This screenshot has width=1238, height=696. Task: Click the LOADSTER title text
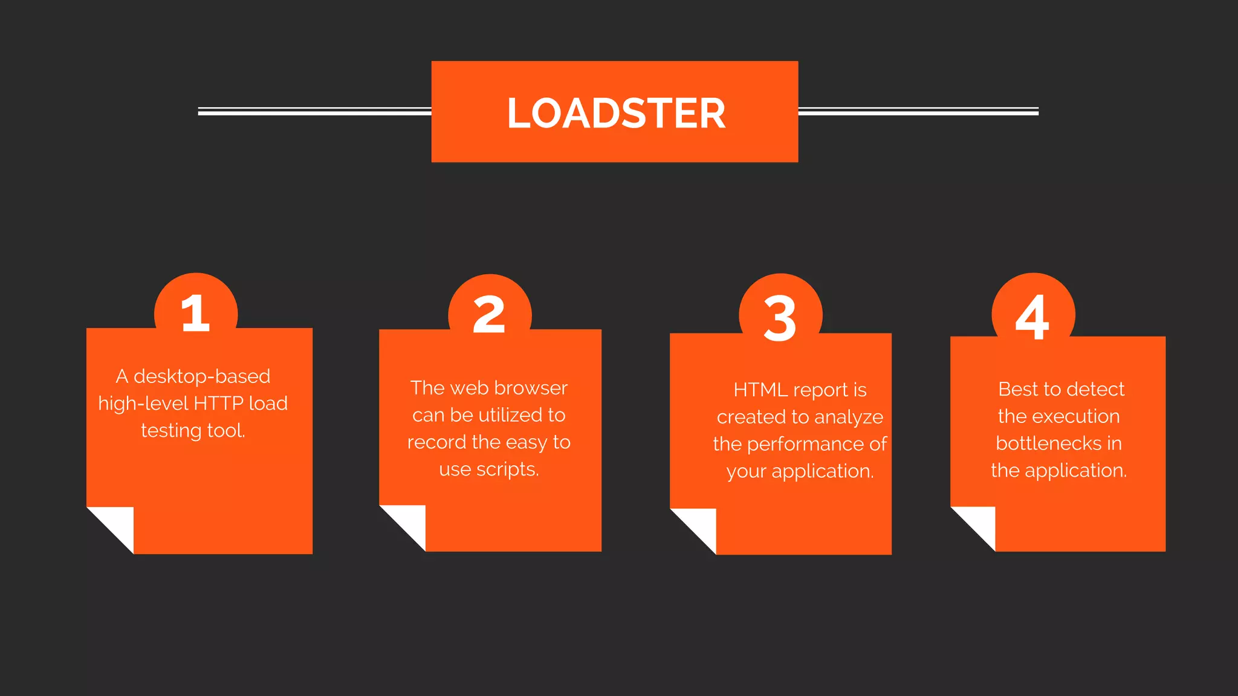tap(616, 114)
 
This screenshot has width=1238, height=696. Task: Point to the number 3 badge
tap(780, 318)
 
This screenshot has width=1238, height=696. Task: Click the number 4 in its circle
tap(1032, 317)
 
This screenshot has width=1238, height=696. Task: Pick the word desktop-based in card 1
tap(202, 376)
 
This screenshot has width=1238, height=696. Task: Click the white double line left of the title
tap(314, 111)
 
